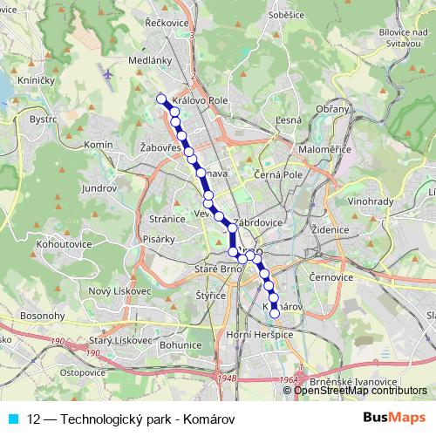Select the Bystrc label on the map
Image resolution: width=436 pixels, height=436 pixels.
pyautogui.click(x=43, y=119)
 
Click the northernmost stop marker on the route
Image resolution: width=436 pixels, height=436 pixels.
pyautogui.click(x=160, y=99)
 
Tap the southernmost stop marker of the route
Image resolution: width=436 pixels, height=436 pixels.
pyautogui.click(x=275, y=313)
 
